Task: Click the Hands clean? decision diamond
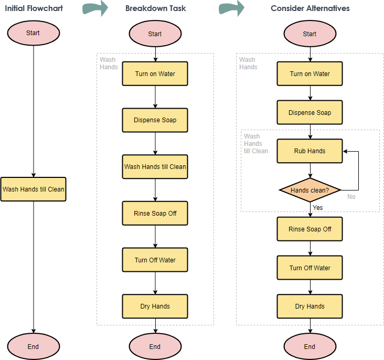pos(310,190)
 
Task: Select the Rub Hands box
pos(310,151)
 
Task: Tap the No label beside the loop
pos(351,197)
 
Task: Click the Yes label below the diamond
pos(318,208)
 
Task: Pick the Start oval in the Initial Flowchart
pos(33,33)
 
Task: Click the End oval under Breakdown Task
pos(155,346)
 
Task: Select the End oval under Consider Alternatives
pos(310,346)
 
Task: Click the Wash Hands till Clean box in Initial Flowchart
pos(33,189)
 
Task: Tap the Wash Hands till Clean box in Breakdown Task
pos(155,167)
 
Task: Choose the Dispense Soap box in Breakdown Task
pos(155,120)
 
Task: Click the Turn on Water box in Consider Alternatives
pos(310,74)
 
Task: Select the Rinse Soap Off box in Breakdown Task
pos(155,214)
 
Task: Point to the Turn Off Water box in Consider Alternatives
pos(310,268)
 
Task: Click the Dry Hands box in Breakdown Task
pos(155,306)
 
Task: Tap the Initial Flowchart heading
pos(34,8)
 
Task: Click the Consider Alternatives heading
pos(310,8)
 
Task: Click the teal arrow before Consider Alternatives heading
pos(231,8)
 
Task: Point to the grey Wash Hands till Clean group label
pos(255,144)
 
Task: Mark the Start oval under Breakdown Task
pos(155,34)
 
